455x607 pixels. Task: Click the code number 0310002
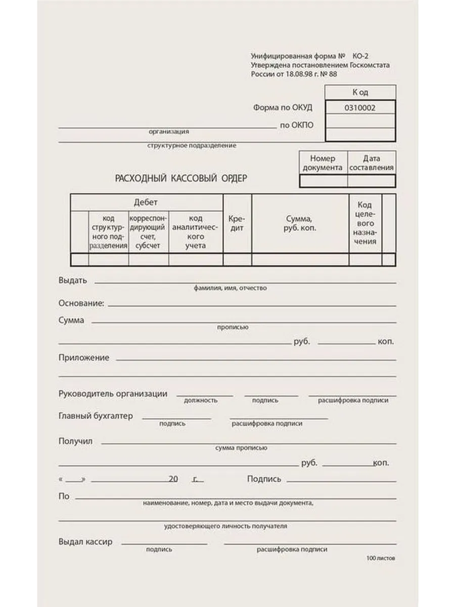pos(359,107)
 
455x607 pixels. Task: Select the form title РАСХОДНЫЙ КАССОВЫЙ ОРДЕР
pos(181,178)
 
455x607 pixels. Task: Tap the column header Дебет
pos(146,202)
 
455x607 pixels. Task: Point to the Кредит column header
pos(237,224)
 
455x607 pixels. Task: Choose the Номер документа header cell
pos(323,163)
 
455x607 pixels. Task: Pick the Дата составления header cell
pos(371,163)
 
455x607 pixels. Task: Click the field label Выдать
pos(73,280)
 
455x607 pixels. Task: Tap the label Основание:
pos(81,303)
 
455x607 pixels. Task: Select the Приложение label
pos(84,358)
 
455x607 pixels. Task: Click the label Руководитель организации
pos(113,394)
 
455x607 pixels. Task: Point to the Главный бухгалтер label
pos(96,416)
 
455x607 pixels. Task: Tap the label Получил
pos(75,441)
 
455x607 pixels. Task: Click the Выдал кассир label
pos(85,542)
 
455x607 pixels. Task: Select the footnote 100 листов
pos(381,558)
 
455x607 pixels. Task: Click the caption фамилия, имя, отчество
pos(230,288)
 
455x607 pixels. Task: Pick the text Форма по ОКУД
pos(283,107)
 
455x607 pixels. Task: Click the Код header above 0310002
pos(360,93)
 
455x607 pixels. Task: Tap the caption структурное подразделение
pos(192,146)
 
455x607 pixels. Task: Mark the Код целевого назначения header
pos(365,223)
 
